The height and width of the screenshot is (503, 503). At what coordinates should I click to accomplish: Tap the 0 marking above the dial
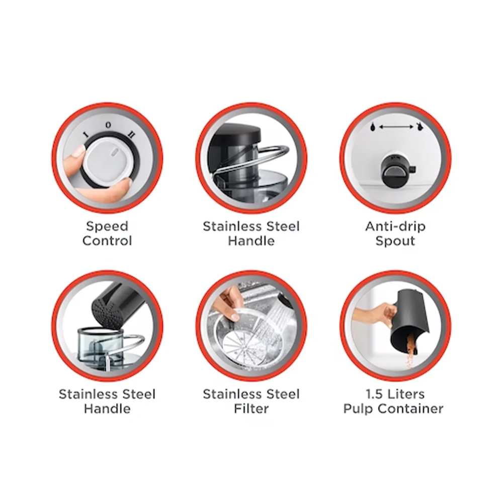point(108,125)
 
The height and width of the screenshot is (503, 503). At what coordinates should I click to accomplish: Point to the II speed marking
point(131,134)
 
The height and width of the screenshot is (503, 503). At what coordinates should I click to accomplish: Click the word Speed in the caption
point(107,227)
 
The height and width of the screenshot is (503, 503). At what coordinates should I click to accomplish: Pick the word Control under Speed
point(107,241)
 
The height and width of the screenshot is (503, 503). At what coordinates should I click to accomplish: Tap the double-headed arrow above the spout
point(395,127)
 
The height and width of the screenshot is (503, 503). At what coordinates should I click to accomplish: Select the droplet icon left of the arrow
point(372,127)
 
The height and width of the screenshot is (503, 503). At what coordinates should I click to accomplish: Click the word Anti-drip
point(395,226)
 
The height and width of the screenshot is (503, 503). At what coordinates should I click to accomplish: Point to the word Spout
point(395,241)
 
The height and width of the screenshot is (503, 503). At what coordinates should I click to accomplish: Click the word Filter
point(251,408)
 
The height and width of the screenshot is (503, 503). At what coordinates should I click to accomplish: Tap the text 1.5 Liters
point(395,394)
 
